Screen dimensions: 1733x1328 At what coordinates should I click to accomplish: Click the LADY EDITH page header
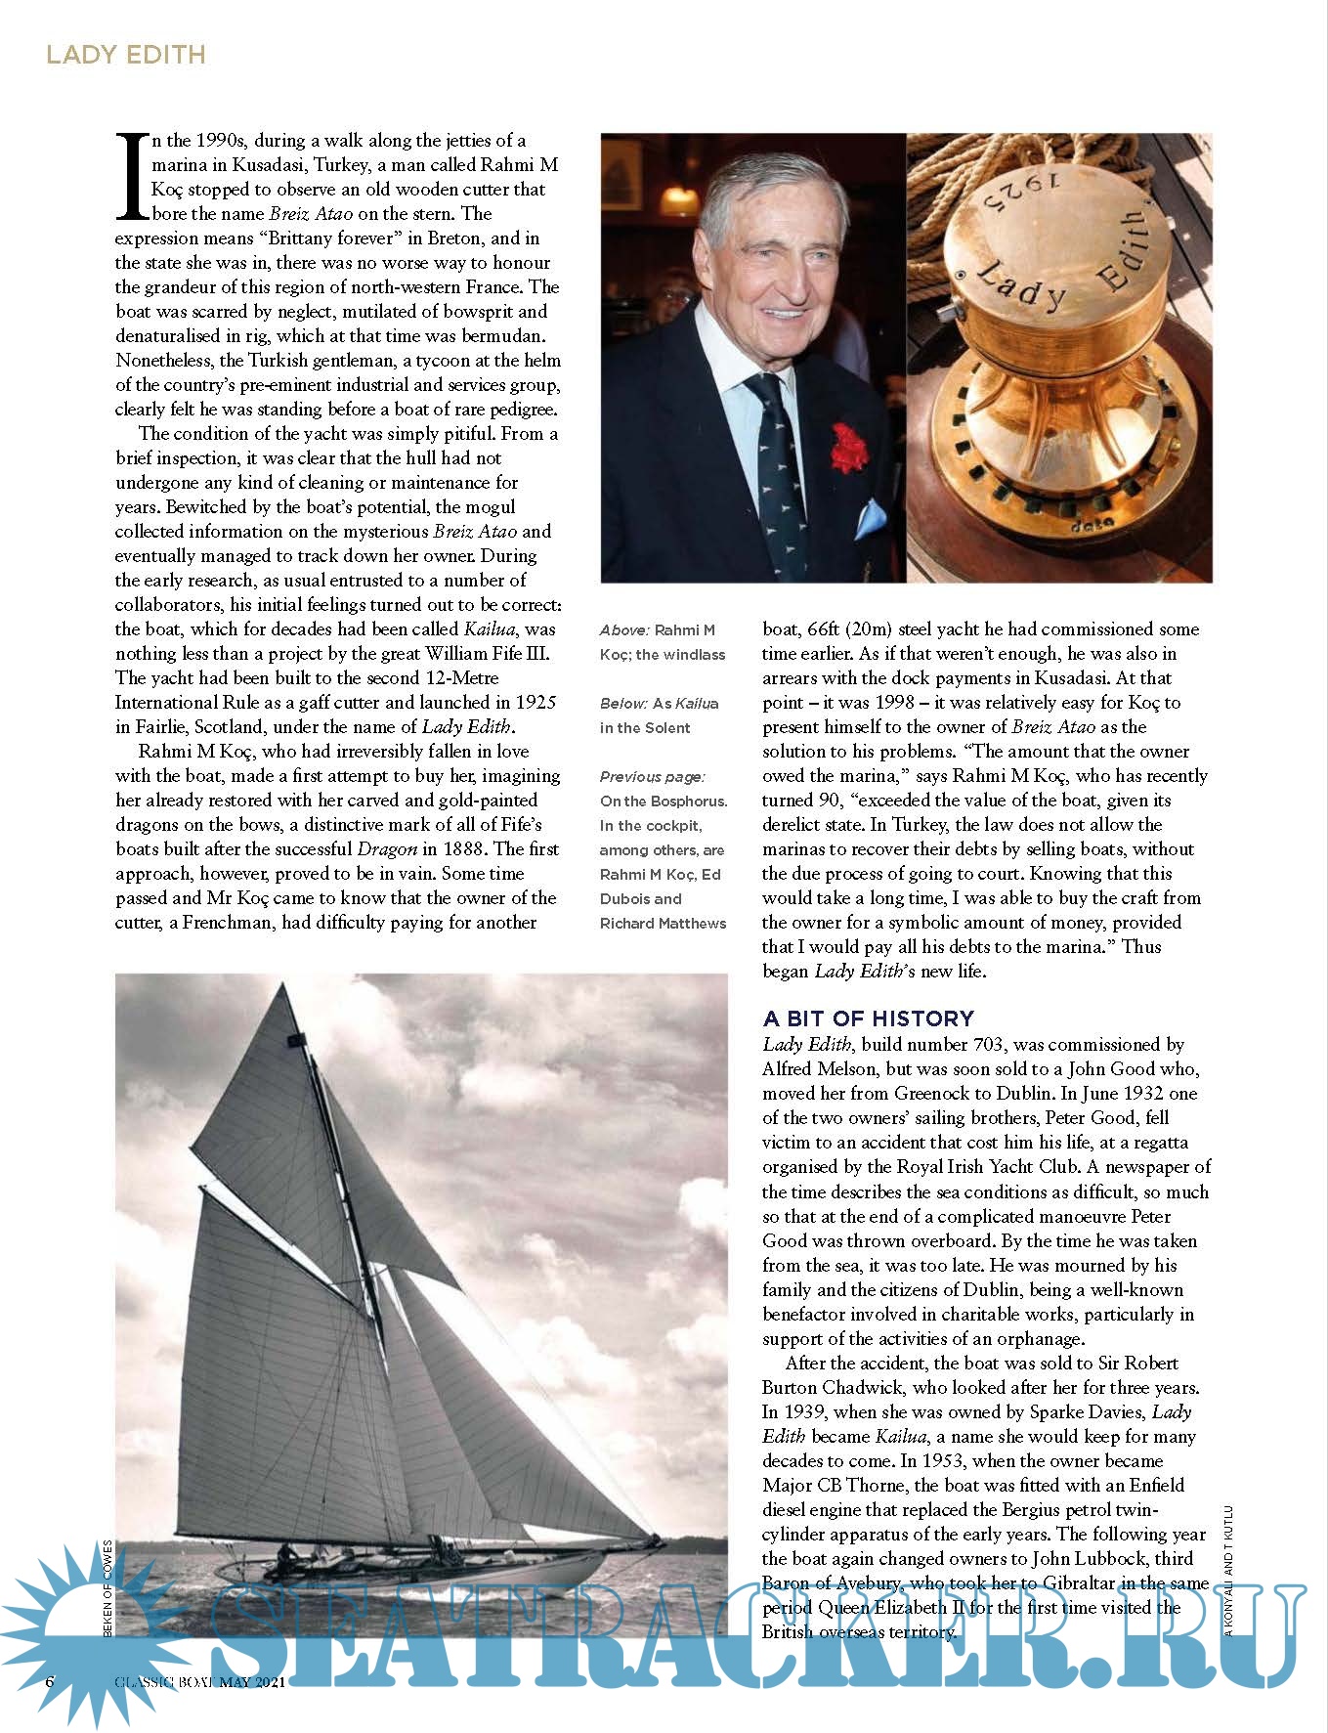click(126, 54)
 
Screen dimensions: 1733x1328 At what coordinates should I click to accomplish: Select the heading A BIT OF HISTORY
click(868, 1018)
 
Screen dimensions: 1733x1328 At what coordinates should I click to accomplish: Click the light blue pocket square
click(871, 516)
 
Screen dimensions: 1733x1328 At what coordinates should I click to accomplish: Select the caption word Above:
click(624, 630)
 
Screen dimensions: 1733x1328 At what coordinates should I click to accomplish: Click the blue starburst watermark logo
click(78, 1623)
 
